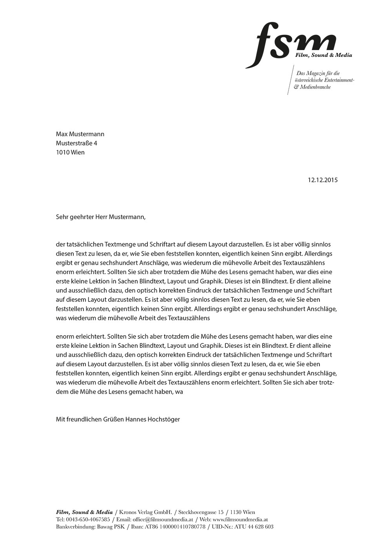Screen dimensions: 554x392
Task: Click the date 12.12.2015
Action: [x=323, y=180]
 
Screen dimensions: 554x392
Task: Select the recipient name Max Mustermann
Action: [x=80, y=134]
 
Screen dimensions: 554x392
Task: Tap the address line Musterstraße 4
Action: [x=76, y=143]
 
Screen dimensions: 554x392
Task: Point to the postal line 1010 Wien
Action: [x=70, y=152]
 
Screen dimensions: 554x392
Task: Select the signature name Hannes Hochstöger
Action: [x=152, y=419]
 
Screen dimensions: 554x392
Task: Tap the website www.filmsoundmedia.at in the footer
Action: [x=240, y=519]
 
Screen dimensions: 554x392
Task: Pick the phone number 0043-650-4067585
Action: [x=88, y=519]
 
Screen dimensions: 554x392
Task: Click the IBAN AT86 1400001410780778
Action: [x=175, y=527]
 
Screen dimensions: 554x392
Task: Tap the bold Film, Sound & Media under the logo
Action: [x=324, y=55]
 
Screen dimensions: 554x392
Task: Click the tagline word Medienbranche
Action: [x=315, y=87]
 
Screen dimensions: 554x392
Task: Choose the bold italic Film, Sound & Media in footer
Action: [x=84, y=512]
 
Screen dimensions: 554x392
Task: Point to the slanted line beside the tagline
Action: [x=290, y=81]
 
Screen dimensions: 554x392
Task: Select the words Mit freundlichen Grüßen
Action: [x=90, y=419]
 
